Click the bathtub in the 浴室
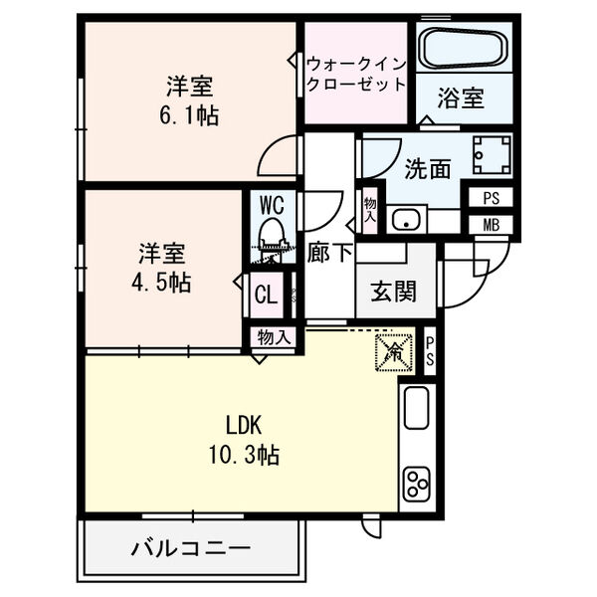tap(464, 48)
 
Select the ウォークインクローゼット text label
tap(355, 72)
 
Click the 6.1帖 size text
tap(189, 114)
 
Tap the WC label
tap(273, 206)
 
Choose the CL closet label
tap(266, 294)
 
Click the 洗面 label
tap(427, 169)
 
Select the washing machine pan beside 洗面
tap(491, 155)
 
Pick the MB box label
tap(492, 224)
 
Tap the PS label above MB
tap(492, 197)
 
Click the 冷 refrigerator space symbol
tap(394, 350)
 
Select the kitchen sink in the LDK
tap(416, 407)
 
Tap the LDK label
tap(243, 426)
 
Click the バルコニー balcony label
tap(189, 547)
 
